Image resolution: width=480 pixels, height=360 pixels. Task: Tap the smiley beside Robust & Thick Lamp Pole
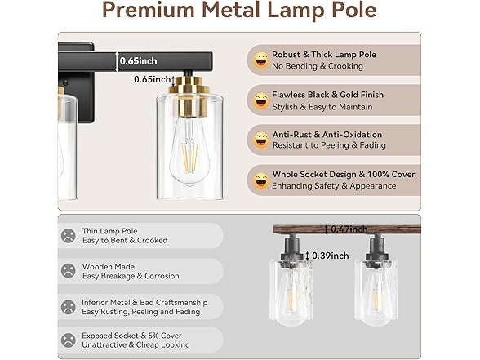[260, 60]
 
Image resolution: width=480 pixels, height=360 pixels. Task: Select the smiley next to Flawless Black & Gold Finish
[260, 101]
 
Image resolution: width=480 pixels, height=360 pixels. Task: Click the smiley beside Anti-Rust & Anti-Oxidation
[260, 140]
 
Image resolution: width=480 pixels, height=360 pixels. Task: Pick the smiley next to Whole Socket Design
[260, 180]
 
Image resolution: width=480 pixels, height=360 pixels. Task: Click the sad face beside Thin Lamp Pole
[68, 236]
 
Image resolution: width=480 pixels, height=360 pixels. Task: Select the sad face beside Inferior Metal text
[68, 307]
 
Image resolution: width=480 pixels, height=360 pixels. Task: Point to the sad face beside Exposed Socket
[68, 340]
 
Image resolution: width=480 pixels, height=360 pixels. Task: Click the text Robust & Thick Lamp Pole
[325, 55]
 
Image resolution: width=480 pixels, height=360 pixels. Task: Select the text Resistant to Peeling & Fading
[329, 144]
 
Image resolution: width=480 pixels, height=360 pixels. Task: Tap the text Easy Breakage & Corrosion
[131, 277]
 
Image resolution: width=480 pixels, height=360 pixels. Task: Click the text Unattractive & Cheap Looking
[136, 345]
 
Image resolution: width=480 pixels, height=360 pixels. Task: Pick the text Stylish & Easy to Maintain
[321, 106]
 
